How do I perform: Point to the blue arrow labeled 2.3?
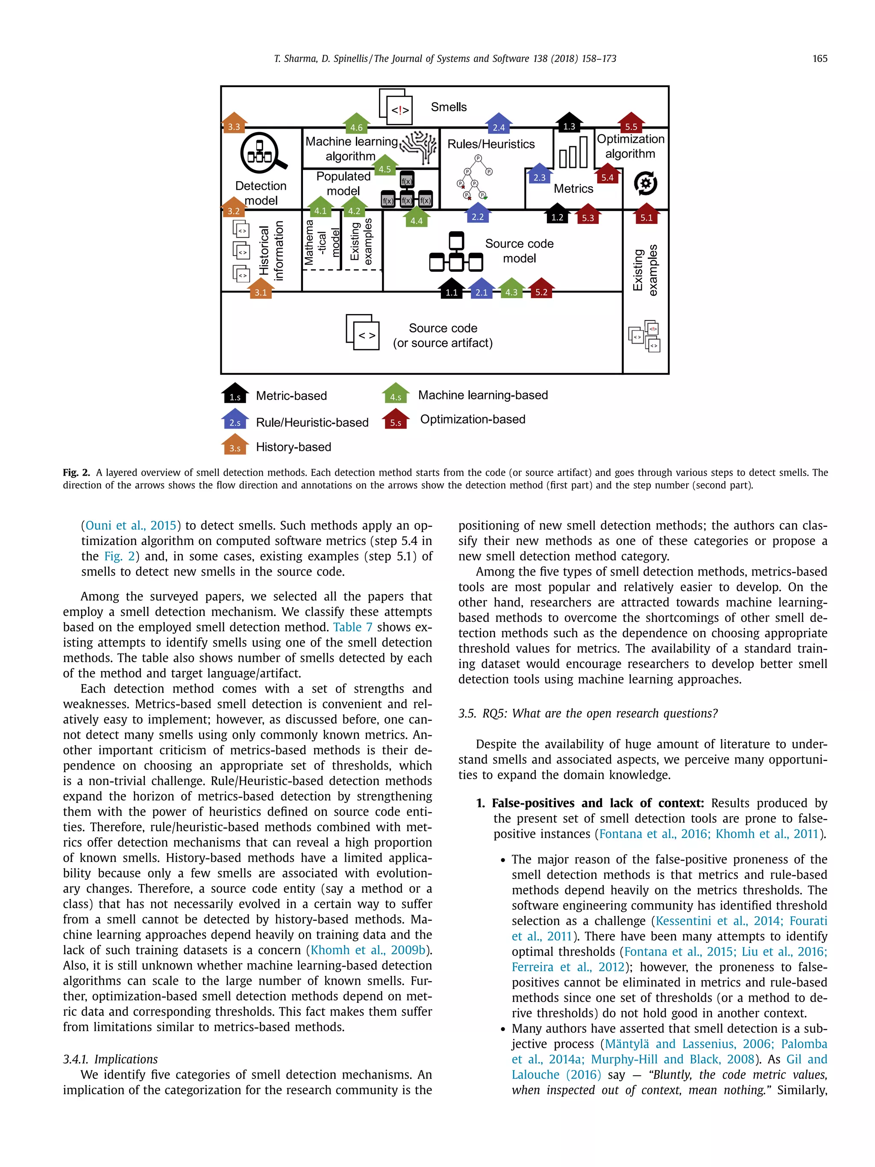539,173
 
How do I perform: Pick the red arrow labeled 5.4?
607,173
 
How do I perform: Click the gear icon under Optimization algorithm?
645,184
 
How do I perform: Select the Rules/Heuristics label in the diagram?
490,144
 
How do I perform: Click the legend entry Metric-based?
291,396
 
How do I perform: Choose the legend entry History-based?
293,447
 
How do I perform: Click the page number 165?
819,59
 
